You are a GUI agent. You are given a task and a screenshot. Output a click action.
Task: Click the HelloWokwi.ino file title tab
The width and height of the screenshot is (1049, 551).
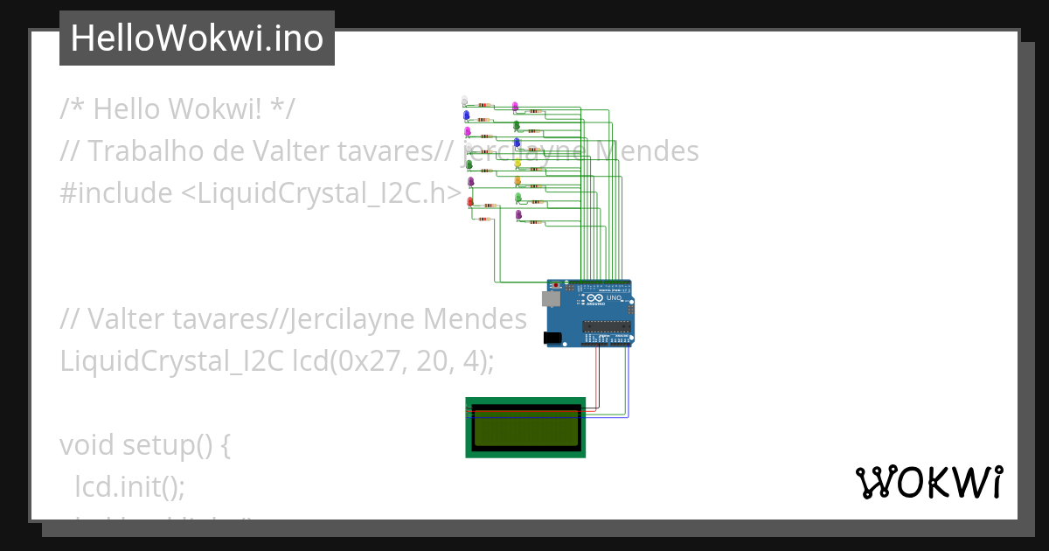[197, 38]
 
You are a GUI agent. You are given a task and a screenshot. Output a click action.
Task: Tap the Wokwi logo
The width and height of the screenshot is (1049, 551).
[928, 483]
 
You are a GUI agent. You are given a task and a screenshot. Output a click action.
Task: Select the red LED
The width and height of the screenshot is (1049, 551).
[470, 202]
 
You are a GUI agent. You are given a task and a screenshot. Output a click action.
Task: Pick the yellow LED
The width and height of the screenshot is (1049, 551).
[518, 163]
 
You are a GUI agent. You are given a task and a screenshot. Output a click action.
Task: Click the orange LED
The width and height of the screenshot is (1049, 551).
[518, 181]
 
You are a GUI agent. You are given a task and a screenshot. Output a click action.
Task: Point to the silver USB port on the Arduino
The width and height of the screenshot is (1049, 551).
[551, 299]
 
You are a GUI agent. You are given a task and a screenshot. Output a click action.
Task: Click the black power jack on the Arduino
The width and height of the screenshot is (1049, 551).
[552, 338]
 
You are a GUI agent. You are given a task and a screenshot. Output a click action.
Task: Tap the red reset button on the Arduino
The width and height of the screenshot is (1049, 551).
[557, 284]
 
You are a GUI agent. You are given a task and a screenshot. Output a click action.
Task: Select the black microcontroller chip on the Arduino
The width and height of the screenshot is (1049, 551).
[606, 328]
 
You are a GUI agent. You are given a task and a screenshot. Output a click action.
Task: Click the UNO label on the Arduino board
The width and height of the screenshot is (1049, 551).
[614, 298]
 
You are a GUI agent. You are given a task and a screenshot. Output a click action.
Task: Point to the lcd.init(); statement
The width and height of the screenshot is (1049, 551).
[130, 486]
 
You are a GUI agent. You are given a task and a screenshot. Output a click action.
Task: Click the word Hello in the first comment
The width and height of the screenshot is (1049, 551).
[127, 109]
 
